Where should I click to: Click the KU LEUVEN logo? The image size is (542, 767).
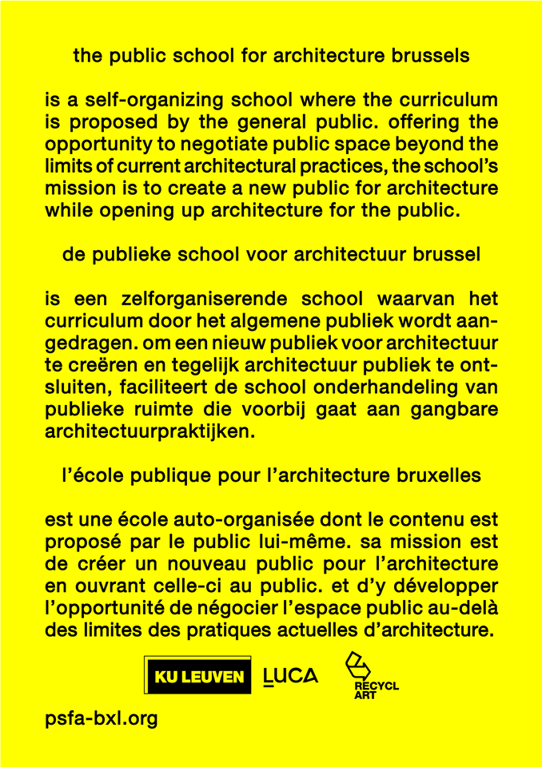point(197,677)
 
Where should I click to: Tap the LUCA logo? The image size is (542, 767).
point(290,677)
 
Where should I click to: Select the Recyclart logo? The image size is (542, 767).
point(370,676)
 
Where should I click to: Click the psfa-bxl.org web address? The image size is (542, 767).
point(102,718)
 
